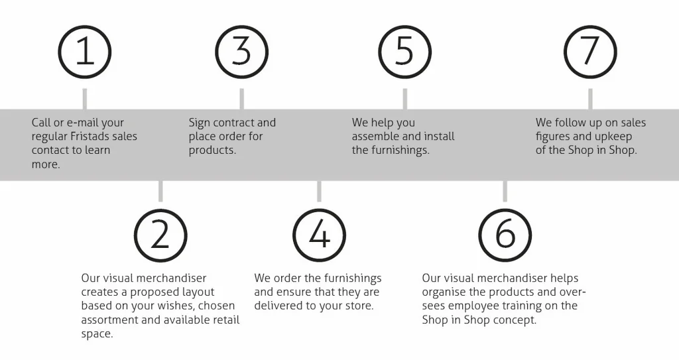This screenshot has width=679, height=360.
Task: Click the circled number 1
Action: pyautogui.click(x=85, y=52)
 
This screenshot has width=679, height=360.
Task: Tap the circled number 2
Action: pyautogui.click(x=160, y=235)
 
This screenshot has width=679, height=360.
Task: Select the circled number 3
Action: pyautogui.click(x=242, y=52)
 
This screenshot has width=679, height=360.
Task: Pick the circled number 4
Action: pyautogui.click(x=319, y=235)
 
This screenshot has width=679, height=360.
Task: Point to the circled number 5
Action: pyautogui.click(x=404, y=52)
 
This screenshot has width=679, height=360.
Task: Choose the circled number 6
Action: pyautogui.click(x=505, y=235)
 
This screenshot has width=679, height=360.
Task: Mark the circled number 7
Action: pyautogui.click(x=590, y=52)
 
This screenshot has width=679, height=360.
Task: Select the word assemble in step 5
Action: pyautogui.click(x=375, y=137)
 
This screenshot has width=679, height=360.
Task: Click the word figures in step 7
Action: pyautogui.click(x=553, y=137)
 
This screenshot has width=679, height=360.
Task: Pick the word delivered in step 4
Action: pyautogui.click(x=279, y=306)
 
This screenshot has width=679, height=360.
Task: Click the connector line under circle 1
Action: pyautogui.click(x=85, y=99)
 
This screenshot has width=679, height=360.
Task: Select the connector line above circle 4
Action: pyautogui.click(x=319, y=192)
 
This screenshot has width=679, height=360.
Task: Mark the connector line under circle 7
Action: pyautogui.click(x=590, y=99)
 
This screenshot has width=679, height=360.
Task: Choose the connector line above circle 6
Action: pyautogui.click(x=505, y=192)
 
